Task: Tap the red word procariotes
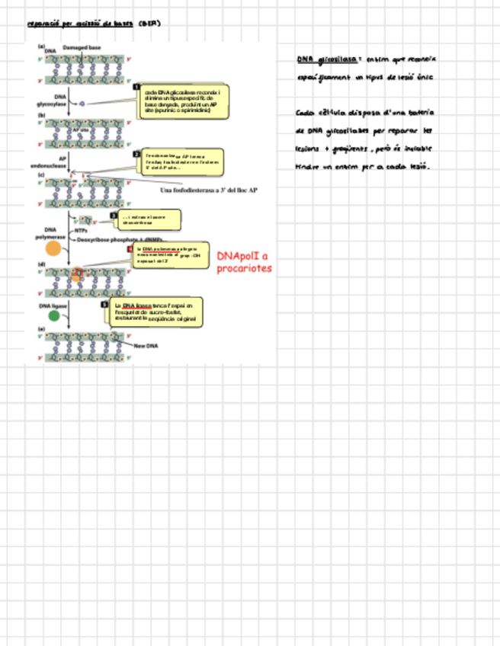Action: tap(243, 269)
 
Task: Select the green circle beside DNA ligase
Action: tap(54, 315)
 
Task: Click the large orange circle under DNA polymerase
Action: tap(53, 248)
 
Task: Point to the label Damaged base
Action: tap(82, 48)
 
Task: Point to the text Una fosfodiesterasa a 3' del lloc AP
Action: tap(208, 190)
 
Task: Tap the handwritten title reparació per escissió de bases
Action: tap(80, 24)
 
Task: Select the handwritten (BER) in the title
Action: tap(149, 24)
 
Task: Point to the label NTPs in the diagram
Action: tap(81, 229)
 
